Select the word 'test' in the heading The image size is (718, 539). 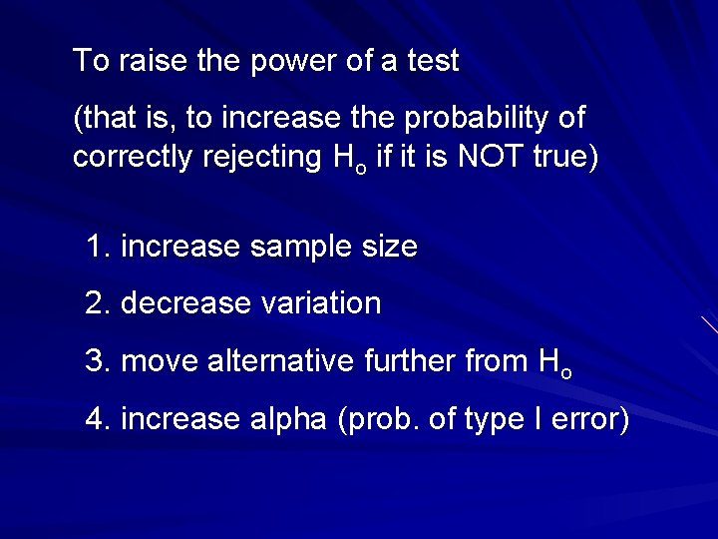(x=433, y=61)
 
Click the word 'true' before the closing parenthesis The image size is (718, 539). (x=560, y=158)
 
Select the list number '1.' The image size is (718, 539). (x=98, y=246)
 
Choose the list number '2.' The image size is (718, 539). (x=98, y=302)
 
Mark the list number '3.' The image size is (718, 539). (x=98, y=360)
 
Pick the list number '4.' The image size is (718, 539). (x=98, y=418)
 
